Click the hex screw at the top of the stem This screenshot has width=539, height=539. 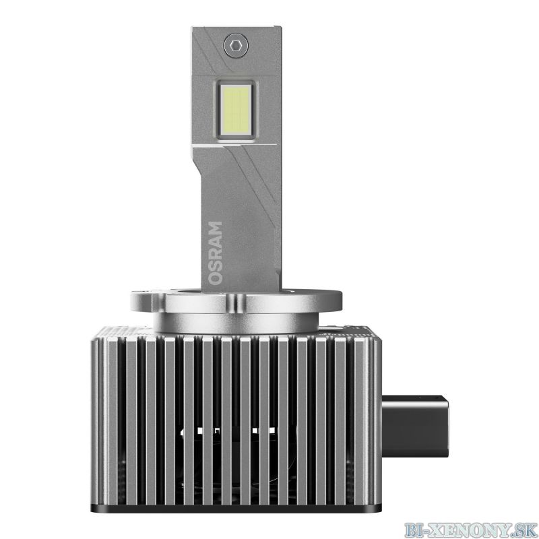(x=235, y=45)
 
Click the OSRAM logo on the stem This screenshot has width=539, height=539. (x=215, y=253)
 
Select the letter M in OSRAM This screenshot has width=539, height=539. (x=215, y=228)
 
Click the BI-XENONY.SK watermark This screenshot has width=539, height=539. (x=470, y=530)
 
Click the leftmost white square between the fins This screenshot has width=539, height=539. (x=199, y=431)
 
